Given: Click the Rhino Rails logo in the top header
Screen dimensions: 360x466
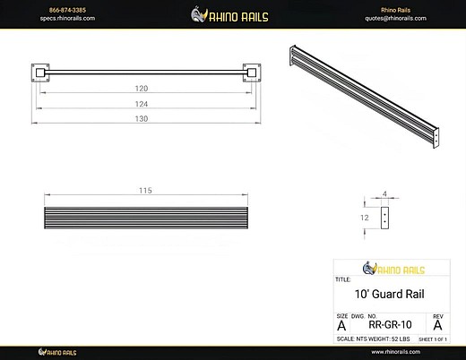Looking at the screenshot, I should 232,13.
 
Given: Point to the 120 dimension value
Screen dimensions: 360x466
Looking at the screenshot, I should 141,90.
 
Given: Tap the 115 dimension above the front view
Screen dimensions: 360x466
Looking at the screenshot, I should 145,191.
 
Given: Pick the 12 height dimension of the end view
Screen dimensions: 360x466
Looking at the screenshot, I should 366,217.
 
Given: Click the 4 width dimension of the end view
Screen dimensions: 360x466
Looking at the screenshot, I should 385,193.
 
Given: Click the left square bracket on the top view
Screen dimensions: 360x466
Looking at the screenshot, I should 41,72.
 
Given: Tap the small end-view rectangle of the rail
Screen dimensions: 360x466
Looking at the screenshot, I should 385,217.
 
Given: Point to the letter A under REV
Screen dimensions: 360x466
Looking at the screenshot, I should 437,326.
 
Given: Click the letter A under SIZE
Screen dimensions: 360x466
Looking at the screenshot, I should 341,326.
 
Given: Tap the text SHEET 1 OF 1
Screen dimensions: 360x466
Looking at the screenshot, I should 433,339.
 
